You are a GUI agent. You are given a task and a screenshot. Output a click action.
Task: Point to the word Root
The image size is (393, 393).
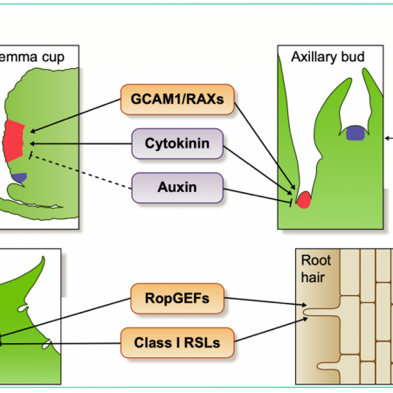click(x=314, y=260)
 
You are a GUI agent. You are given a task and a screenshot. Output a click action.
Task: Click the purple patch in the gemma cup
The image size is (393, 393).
click(x=20, y=177)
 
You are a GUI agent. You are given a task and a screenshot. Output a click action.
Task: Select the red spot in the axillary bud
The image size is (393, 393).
click(x=303, y=200)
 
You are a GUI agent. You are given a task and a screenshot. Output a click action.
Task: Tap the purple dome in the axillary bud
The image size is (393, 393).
click(x=354, y=133)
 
